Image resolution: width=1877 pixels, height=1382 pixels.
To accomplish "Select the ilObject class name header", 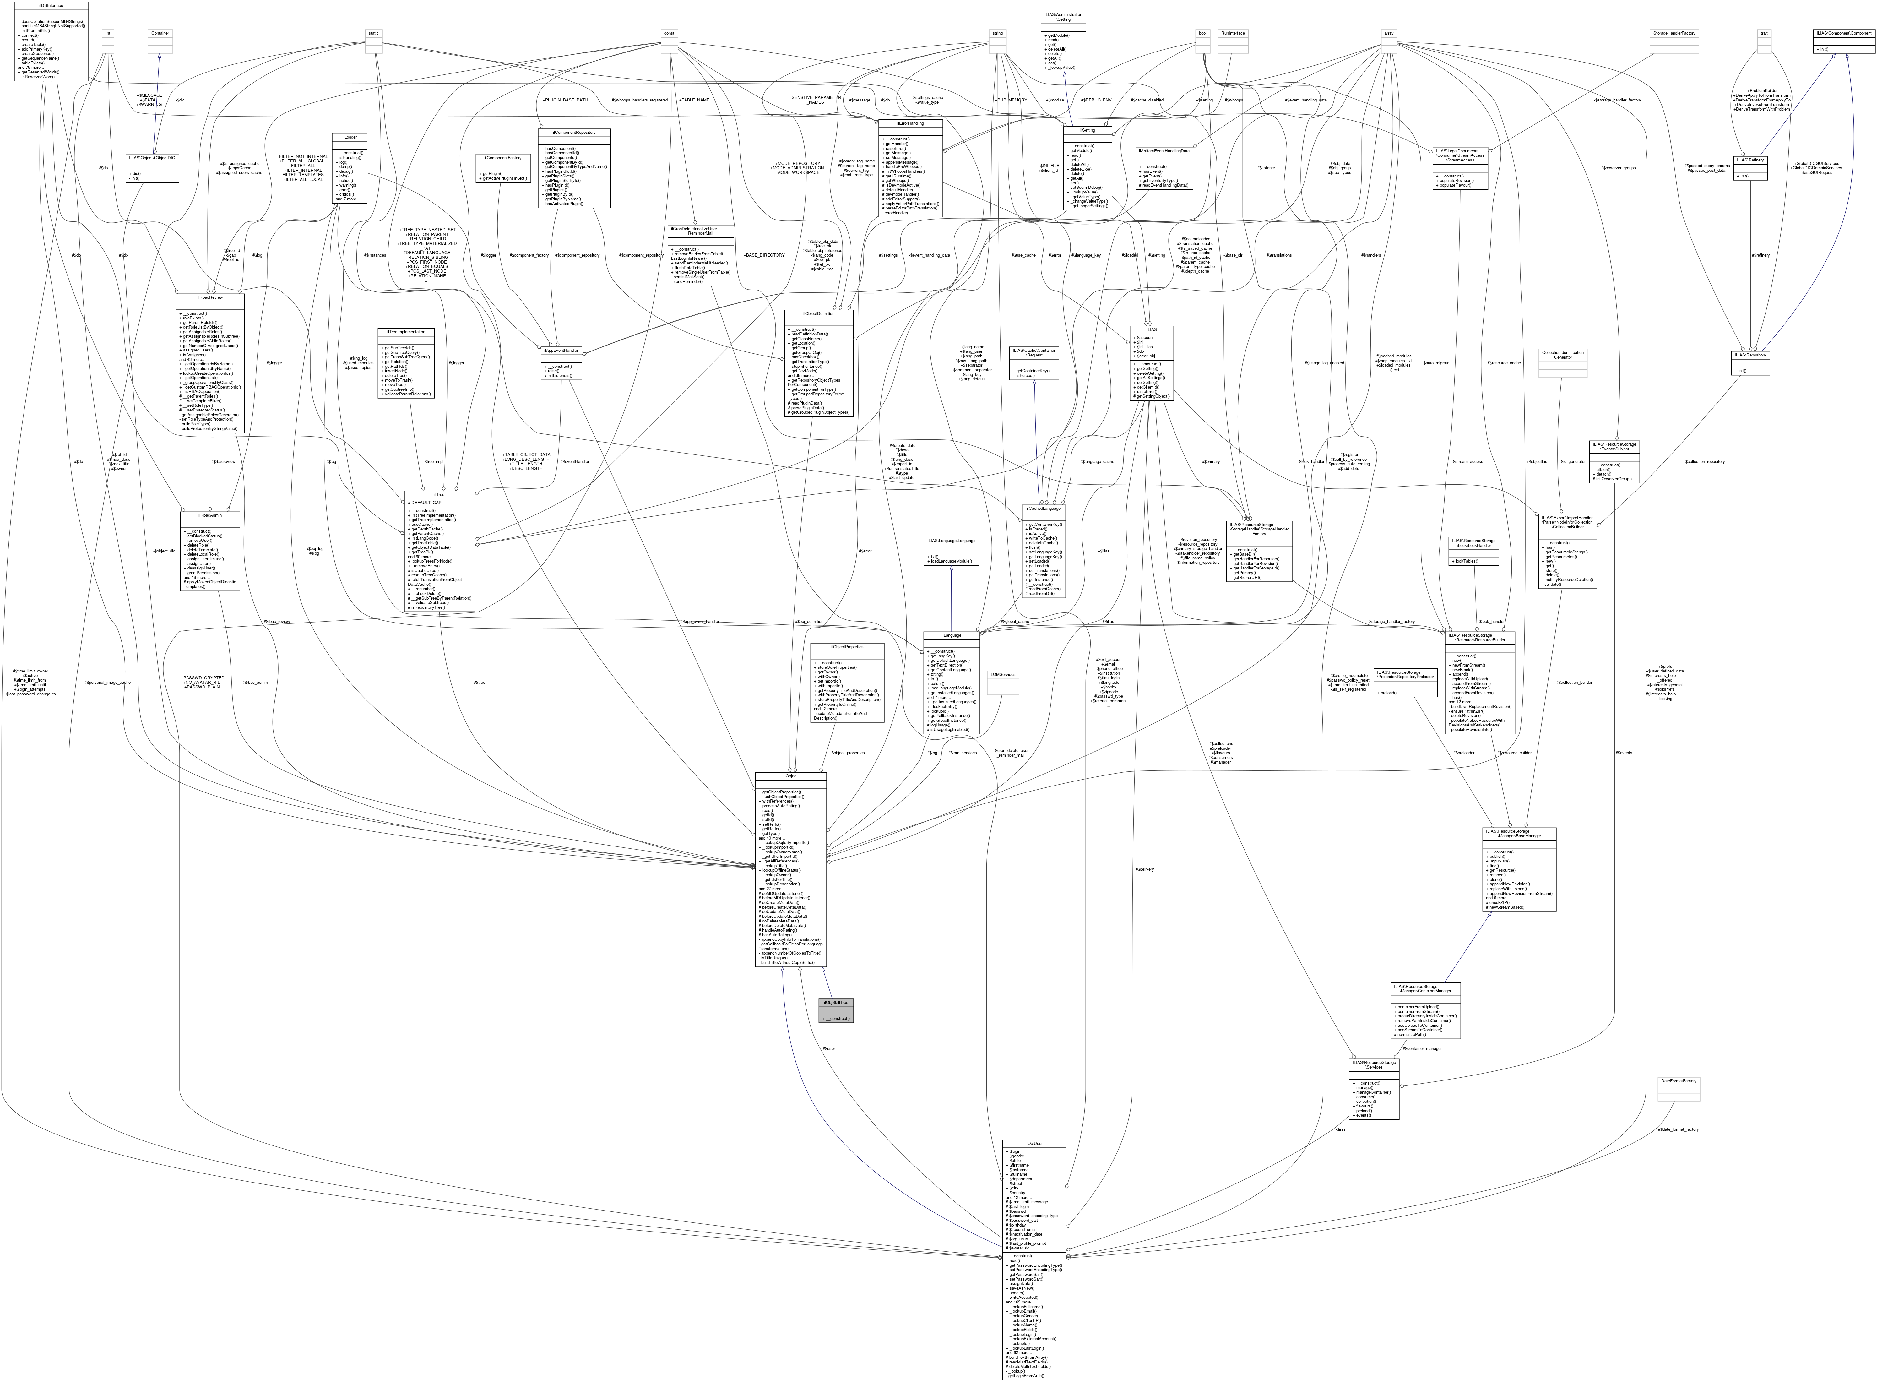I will coord(790,776).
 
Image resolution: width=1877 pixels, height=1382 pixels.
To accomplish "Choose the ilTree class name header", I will coord(439,494).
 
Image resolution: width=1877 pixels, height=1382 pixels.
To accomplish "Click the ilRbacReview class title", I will coord(210,297).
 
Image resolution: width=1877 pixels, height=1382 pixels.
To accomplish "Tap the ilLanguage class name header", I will coord(951,635).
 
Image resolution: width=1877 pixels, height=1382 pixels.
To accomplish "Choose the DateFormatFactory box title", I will coord(1678,1081).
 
